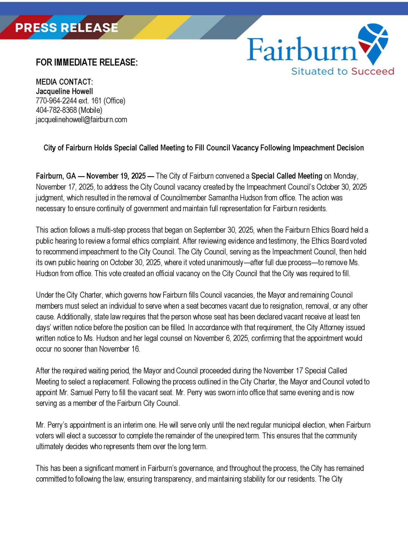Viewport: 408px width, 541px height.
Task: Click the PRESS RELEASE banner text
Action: tap(66, 28)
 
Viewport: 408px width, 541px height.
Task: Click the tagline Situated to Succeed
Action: tap(343, 71)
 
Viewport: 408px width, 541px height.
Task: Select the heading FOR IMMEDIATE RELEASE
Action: tap(87, 62)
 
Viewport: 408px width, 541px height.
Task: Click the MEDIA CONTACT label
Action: tap(64, 82)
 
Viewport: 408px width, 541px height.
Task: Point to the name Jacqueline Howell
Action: tap(64, 91)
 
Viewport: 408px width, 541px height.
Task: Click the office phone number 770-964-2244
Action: tap(56, 101)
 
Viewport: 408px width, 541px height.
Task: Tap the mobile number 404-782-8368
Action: tap(56, 110)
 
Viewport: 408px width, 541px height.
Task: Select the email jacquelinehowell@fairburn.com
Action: tap(81, 120)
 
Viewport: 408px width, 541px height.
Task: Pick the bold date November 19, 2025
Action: tap(116, 176)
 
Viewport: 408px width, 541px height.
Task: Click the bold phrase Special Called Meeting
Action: tap(286, 176)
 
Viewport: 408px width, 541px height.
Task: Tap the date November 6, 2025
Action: tap(221, 338)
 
